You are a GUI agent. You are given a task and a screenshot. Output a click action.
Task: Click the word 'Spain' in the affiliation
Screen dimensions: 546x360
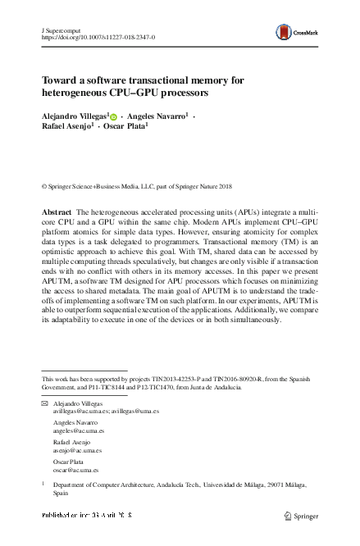(62, 495)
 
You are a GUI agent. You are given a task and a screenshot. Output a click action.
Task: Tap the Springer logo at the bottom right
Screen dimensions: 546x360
(300, 517)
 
